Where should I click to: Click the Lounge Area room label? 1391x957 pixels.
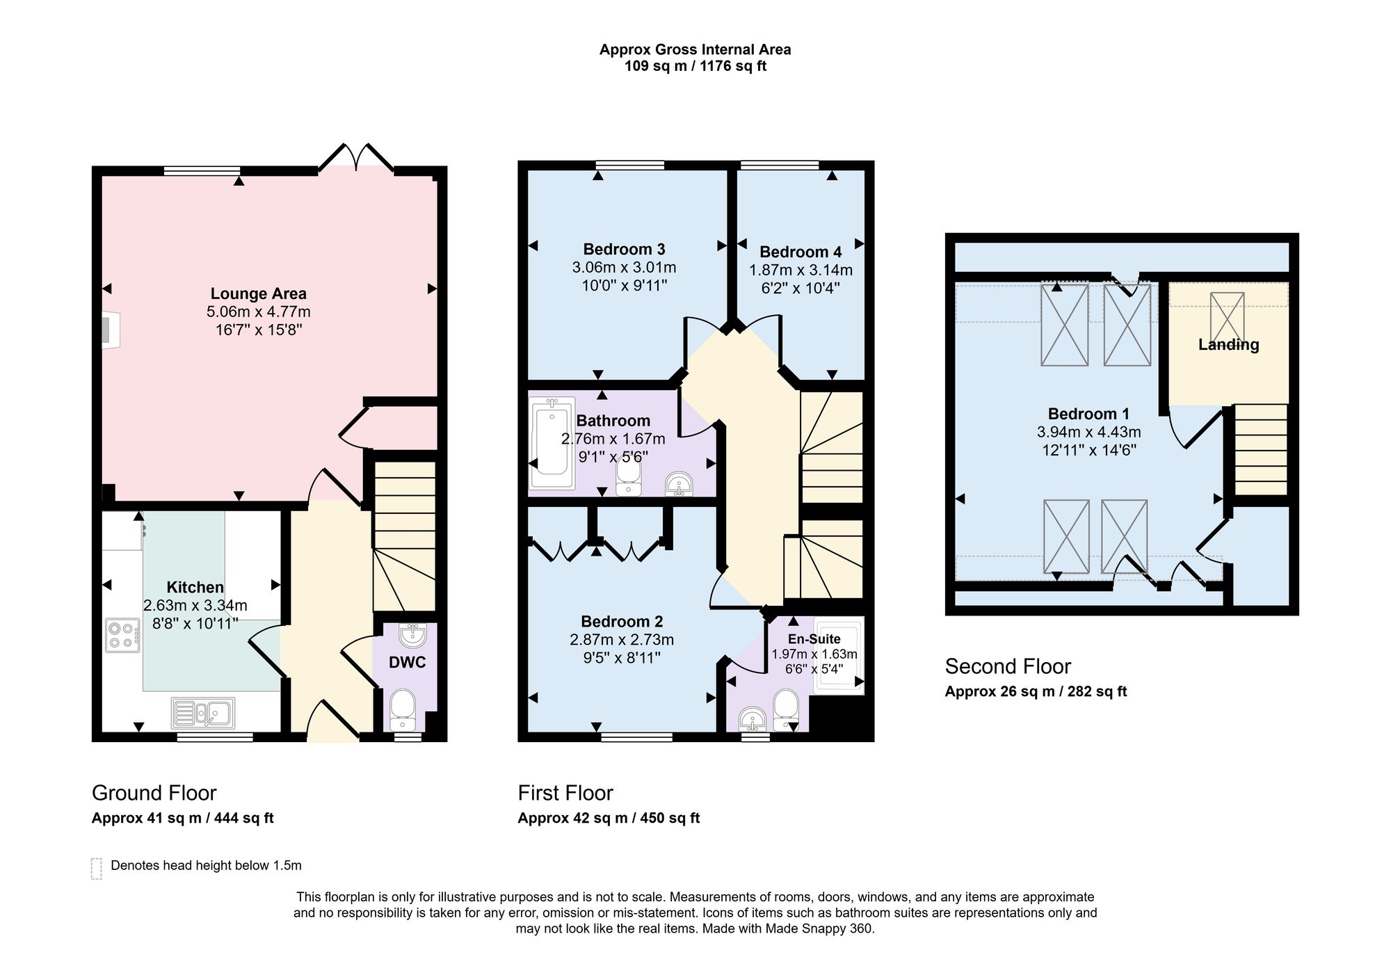pos(258,293)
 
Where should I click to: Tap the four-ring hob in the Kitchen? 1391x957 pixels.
pos(122,635)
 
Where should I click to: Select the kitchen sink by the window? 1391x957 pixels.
pos(203,712)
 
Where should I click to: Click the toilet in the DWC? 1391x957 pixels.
pos(403,709)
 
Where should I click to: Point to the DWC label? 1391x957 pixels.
pos(407,662)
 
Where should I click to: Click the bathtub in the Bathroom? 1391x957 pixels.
pos(552,443)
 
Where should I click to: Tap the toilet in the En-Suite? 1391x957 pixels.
pos(787,709)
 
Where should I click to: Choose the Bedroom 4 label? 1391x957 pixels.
pos(801,252)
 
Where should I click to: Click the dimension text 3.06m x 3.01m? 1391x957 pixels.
pos(624,267)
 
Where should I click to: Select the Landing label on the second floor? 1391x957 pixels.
pos(1228,344)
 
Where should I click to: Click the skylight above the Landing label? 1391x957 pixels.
pos(1227,316)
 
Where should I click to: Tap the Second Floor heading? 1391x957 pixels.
pos(1008,666)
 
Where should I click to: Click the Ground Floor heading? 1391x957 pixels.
pos(154,793)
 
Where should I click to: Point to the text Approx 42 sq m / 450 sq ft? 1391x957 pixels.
pos(609,818)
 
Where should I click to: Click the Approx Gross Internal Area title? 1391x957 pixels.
pos(695,49)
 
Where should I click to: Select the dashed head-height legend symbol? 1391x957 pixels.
pos(97,869)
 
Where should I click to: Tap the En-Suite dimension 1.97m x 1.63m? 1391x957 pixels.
pos(814,654)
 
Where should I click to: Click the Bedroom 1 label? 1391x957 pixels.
pos(1088,414)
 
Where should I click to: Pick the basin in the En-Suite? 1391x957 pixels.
pos(753,718)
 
